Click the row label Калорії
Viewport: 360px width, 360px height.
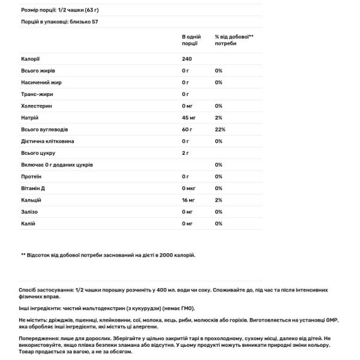pos(29,59)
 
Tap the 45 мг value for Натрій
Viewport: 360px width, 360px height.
pos(188,118)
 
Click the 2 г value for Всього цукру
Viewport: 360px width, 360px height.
pos(185,153)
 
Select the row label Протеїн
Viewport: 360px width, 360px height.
pos(31,176)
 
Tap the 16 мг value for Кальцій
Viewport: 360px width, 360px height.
pos(188,200)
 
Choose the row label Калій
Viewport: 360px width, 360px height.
pos(27,223)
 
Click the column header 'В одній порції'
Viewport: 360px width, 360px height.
pos(191,40)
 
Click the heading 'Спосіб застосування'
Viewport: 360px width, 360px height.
pos(45,289)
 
